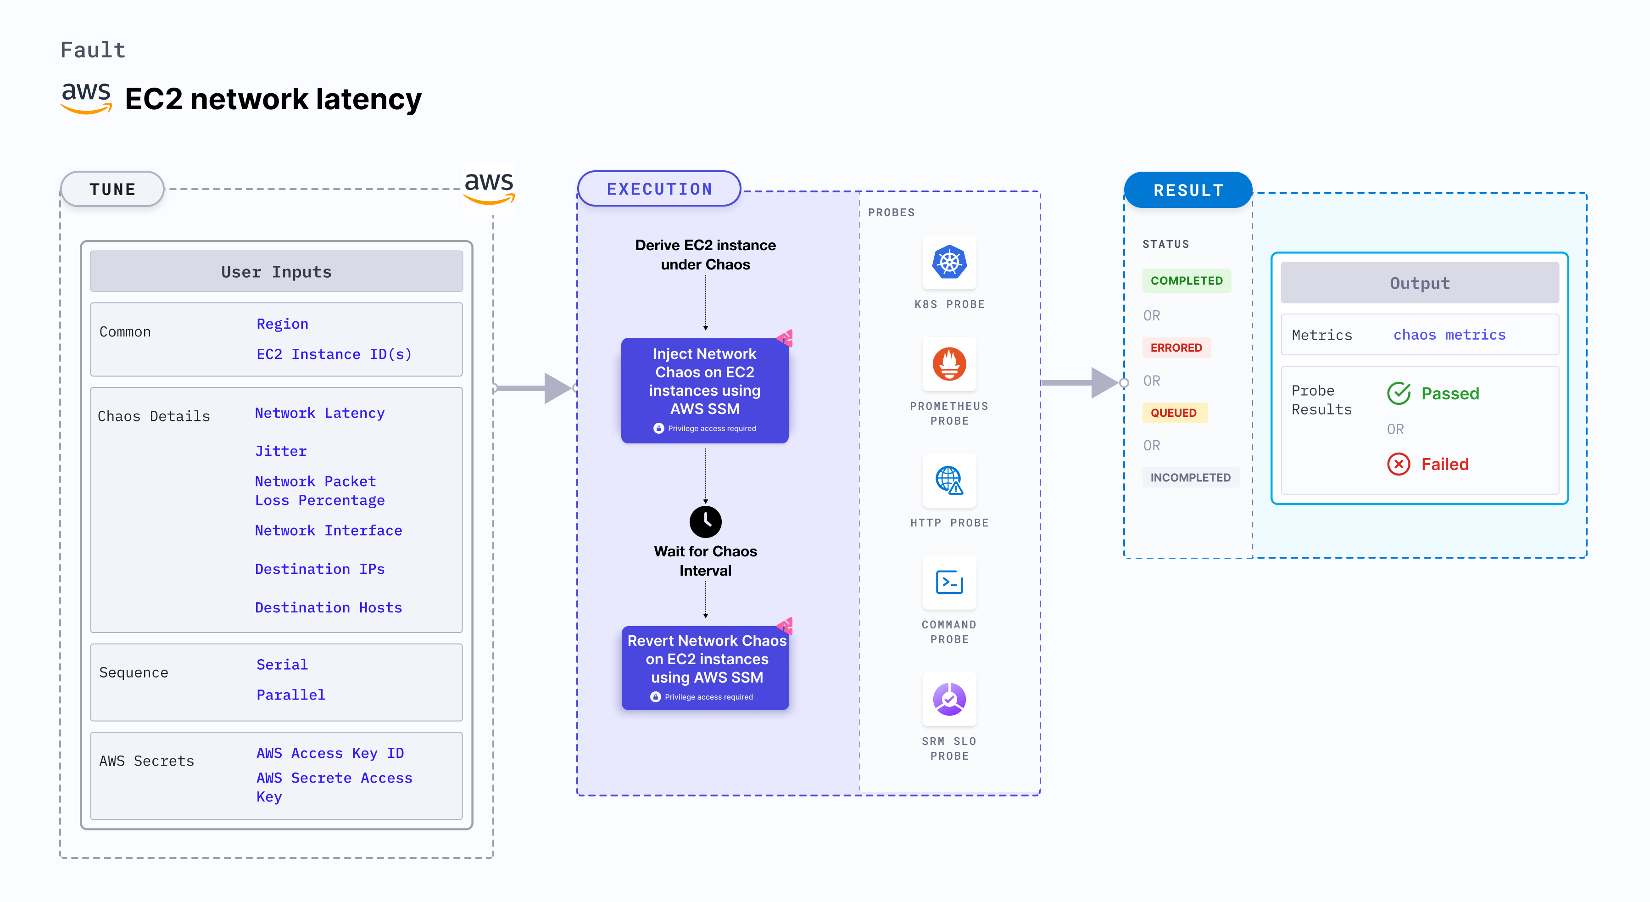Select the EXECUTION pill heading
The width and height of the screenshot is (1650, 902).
(x=659, y=189)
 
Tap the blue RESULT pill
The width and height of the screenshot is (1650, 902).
(x=1188, y=190)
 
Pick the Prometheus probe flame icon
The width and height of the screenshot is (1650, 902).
(x=949, y=364)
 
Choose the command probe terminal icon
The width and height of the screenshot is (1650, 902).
(x=949, y=583)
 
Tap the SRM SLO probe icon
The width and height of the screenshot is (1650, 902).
(x=949, y=699)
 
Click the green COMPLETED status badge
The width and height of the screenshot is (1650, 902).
(x=1186, y=280)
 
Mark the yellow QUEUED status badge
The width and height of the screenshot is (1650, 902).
(x=1173, y=413)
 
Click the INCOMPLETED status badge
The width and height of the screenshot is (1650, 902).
(x=1190, y=477)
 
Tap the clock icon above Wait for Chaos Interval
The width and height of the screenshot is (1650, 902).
(x=705, y=521)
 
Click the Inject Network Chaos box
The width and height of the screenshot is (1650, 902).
(x=705, y=390)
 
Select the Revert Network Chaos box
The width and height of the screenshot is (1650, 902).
(x=705, y=667)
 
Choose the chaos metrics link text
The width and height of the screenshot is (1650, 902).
(x=1449, y=335)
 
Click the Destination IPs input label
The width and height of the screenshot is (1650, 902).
(x=320, y=569)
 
